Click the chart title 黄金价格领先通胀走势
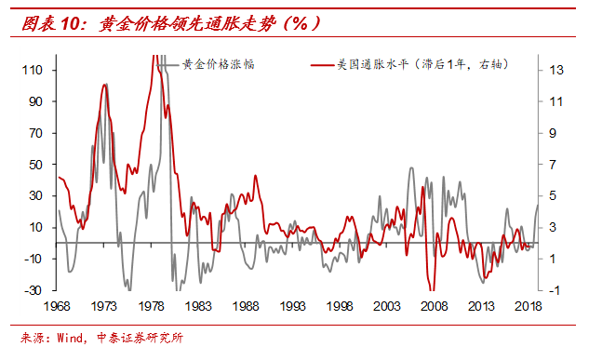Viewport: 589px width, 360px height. click(172, 22)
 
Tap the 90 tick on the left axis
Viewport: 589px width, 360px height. click(38, 101)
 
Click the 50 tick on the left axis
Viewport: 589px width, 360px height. click(38, 165)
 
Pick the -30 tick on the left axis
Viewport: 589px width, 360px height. click(36, 290)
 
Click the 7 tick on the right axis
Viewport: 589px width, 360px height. click(553, 165)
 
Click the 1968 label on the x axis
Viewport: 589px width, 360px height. click(58, 306)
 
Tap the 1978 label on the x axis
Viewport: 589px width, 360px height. click(152, 306)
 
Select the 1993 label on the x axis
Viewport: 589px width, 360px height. click(293, 306)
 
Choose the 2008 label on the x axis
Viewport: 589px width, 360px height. click(434, 306)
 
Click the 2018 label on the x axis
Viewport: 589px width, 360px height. click(528, 306)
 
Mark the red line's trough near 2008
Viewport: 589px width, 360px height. click(429, 288)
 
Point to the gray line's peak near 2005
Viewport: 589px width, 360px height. click(411, 167)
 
